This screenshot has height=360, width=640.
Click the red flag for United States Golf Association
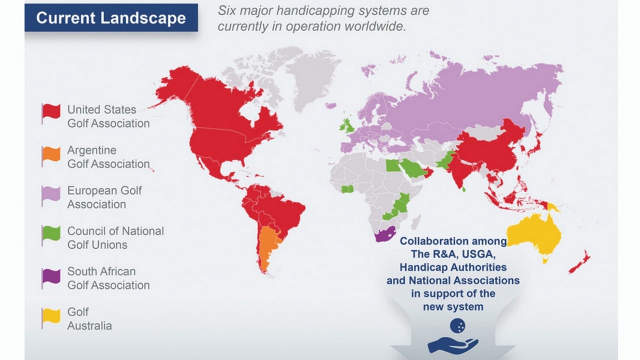click(x=51, y=112)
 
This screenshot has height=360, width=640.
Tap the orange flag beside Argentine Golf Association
click(x=51, y=153)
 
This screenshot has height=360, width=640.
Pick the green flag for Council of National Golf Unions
click(x=51, y=234)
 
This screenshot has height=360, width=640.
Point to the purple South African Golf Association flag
click(x=51, y=275)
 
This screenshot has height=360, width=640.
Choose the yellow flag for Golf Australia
click(x=51, y=316)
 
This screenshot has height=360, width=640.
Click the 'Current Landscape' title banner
click(x=111, y=18)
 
